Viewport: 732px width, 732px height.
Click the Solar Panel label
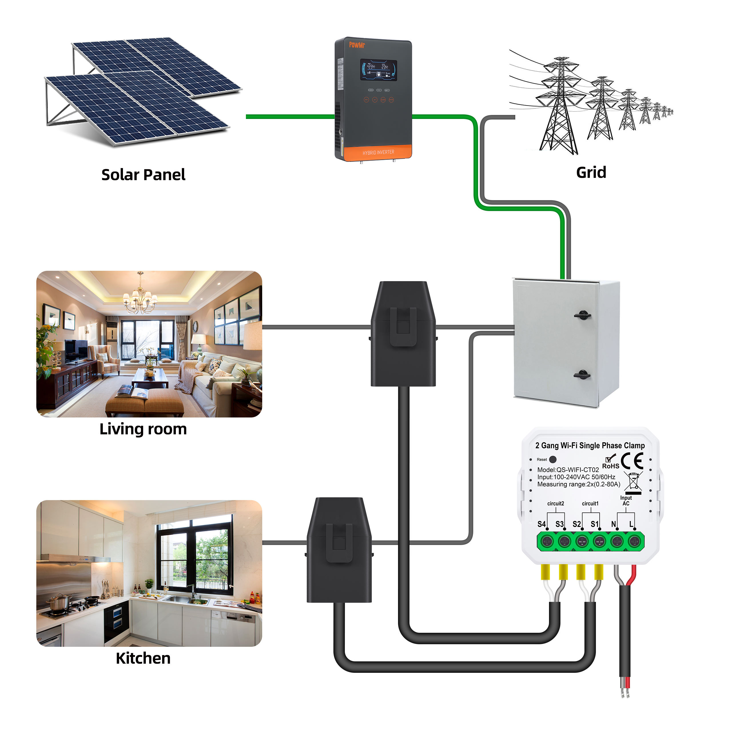click(143, 175)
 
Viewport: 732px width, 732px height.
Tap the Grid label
click(591, 172)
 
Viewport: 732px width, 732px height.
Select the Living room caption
click(143, 429)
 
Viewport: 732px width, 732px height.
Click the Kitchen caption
click(143, 658)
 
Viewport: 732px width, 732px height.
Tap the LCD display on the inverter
click(378, 70)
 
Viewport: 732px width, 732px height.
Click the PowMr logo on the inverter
click(357, 45)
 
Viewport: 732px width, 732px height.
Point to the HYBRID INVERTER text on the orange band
click(378, 152)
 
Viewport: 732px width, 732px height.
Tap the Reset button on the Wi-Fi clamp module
click(553, 459)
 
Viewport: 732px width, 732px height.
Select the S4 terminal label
click(541, 524)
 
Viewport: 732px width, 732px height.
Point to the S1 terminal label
click(594, 524)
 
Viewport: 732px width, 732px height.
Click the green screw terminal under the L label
click(634, 541)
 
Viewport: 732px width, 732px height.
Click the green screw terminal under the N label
click(616, 541)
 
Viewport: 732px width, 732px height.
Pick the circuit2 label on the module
click(556, 504)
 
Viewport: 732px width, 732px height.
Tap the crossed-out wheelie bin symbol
click(633, 481)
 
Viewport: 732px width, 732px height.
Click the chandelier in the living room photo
click(140, 298)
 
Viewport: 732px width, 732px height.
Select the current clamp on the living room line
click(403, 333)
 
